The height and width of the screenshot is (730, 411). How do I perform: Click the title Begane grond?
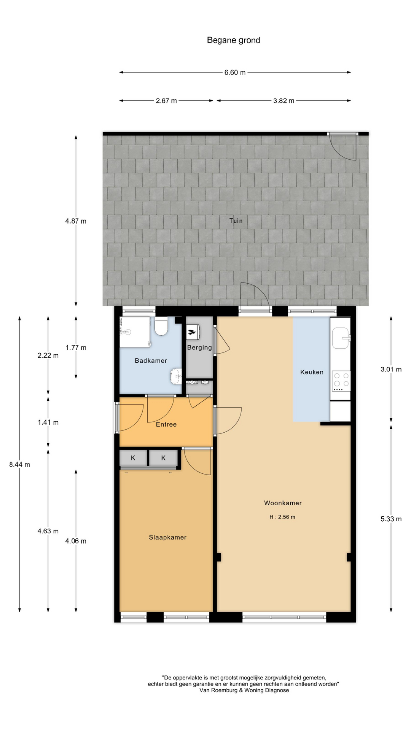[x=233, y=40]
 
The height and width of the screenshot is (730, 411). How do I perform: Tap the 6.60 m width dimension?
[x=235, y=72]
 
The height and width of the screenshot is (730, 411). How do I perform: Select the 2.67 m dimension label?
[x=166, y=101]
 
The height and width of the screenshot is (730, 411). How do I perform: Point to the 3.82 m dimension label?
[x=284, y=101]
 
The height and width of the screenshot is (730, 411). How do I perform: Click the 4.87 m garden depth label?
[x=76, y=221]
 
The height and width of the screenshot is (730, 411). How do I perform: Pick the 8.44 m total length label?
[x=19, y=464]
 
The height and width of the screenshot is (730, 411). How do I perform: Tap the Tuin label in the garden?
[x=236, y=221]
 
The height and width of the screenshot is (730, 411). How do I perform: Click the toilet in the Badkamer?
[x=161, y=326]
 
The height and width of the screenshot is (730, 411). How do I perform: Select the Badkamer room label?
[x=151, y=360]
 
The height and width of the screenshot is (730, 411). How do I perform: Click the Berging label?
[x=199, y=347]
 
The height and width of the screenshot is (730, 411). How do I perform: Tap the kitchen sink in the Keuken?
[x=341, y=338]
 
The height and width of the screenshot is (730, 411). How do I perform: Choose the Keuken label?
[x=312, y=372]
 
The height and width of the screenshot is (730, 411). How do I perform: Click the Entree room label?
[x=166, y=424]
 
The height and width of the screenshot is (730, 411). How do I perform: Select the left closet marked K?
[x=133, y=458]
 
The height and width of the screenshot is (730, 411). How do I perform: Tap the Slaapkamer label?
[x=168, y=537]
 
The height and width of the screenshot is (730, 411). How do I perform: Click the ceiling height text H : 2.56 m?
[x=282, y=517]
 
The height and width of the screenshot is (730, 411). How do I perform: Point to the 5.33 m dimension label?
[x=391, y=519]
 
